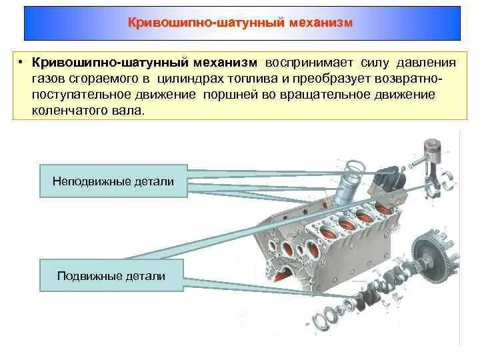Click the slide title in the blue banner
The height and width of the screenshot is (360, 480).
tap(240, 23)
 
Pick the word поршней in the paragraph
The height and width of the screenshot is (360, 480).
tap(231, 95)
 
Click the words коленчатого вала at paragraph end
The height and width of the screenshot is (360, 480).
tap(86, 111)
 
